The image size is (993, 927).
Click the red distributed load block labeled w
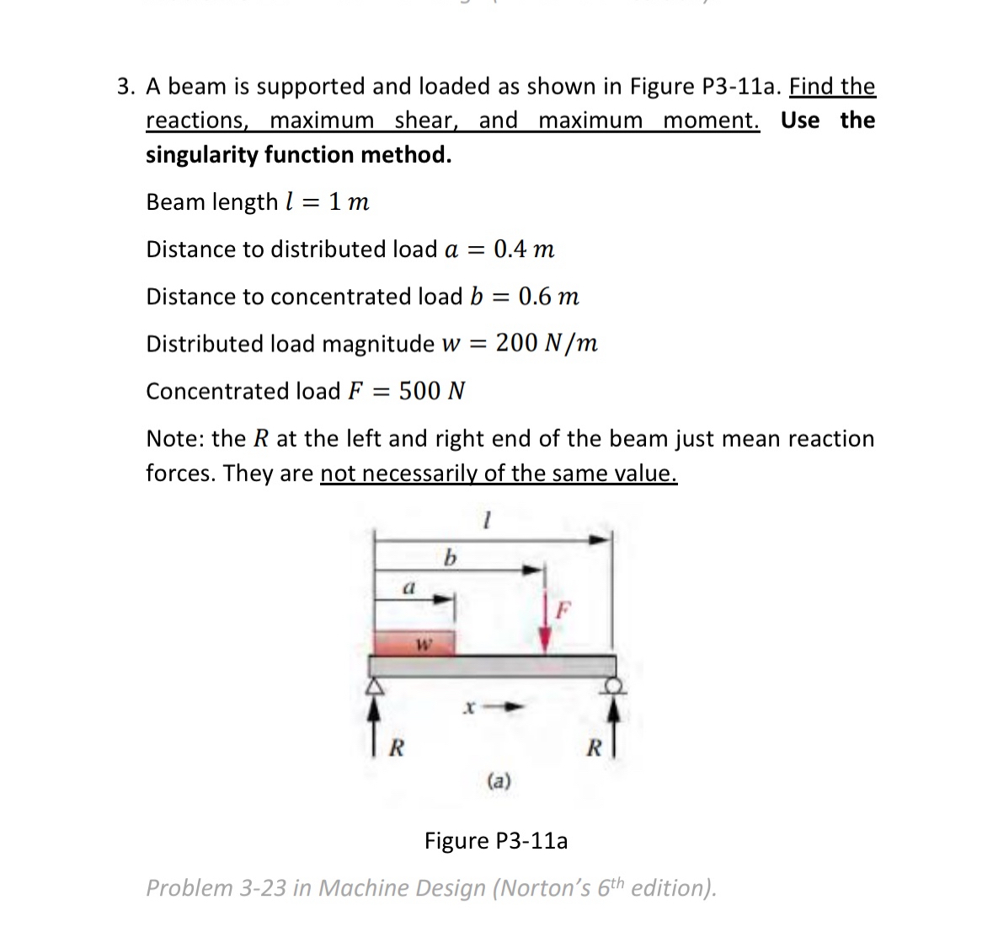(414, 643)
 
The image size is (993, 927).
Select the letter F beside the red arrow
(565, 607)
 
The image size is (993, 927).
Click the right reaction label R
(594, 747)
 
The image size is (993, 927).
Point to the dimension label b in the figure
(450, 557)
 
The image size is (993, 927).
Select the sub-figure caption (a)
(499, 781)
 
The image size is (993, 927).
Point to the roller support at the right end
(616, 686)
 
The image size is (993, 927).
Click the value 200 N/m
(547, 343)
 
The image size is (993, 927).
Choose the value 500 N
(432, 391)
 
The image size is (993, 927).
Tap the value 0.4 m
(524, 249)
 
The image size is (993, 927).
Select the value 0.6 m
(548, 297)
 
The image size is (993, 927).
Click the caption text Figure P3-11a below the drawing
(496, 841)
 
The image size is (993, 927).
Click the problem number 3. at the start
(126, 87)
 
